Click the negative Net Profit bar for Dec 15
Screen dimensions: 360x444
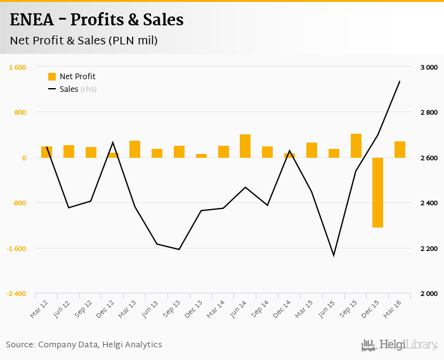pyautogui.click(x=377, y=192)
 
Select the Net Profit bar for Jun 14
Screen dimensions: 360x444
pyautogui.click(x=245, y=146)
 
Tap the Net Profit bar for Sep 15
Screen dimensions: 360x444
pyautogui.click(x=356, y=146)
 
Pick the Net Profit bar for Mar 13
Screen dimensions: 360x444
pyautogui.click(x=134, y=149)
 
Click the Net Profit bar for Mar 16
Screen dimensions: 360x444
pyautogui.click(x=400, y=150)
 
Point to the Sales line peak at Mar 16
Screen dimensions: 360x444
pyautogui.click(x=400, y=81)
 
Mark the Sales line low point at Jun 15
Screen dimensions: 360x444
pyautogui.click(x=334, y=255)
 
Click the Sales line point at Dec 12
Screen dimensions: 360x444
pyautogui.click(x=112, y=142)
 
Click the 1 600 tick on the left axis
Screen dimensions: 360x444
pyautogui.click(x=17, y=67)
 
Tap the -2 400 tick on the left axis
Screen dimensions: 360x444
pyautogui.click(x=16, y=294)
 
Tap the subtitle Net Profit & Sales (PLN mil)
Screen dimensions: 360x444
pyautogui.click(x=84, y=41)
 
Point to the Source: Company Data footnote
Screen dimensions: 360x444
pyautogui.click(x=84, y=345)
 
